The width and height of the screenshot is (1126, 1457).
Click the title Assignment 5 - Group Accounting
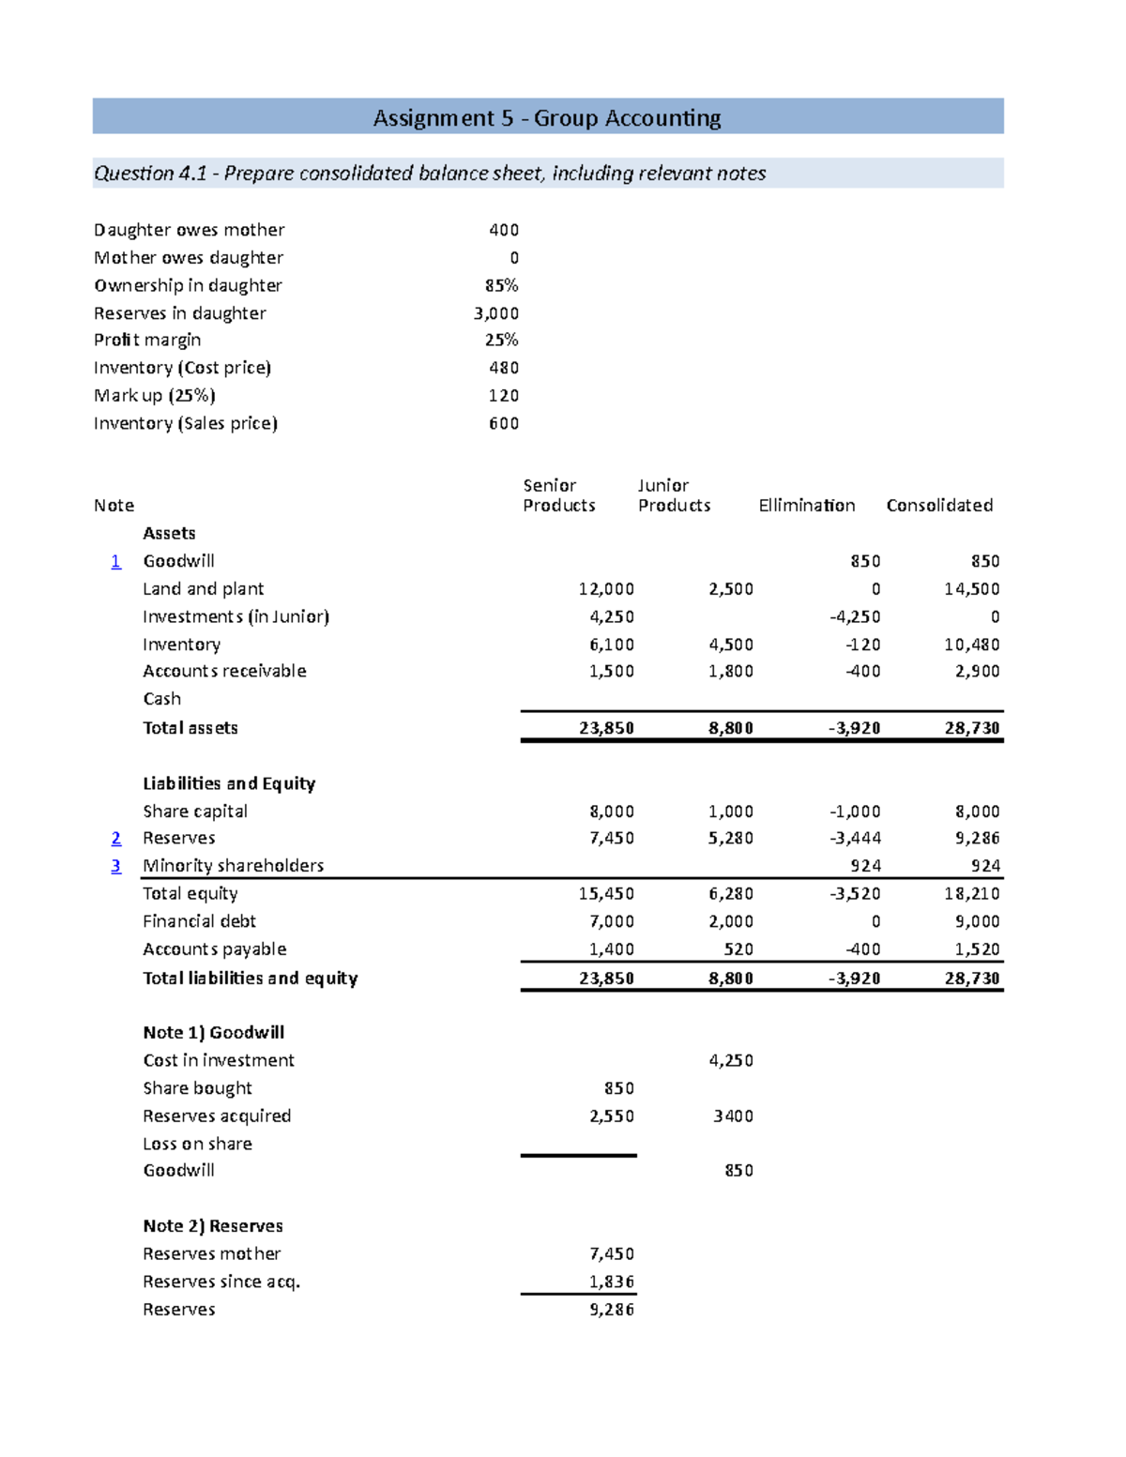coord(547,118)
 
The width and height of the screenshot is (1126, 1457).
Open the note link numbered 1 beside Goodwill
coord(115,561)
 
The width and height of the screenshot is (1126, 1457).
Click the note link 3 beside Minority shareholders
coord(115,866)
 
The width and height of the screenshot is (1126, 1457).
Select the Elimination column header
coord(806,506)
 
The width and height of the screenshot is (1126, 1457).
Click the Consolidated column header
coord(939,506)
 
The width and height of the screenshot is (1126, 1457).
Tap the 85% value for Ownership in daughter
coord(502,285)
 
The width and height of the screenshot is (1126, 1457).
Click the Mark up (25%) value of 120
coord(504,396)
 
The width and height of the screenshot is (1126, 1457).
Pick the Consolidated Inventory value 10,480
coord(972,645)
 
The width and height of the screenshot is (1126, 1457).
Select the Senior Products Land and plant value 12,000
coord(606,589)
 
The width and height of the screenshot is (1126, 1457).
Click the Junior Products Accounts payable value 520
coord(738,949)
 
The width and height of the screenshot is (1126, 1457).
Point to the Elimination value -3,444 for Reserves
coord(855,838)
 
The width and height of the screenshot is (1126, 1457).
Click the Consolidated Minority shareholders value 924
coord(985,866)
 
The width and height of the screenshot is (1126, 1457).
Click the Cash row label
coord(162,699)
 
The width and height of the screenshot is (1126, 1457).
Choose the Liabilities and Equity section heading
coord(229,783)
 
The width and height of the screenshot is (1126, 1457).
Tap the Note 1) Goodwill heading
coord(213,1033)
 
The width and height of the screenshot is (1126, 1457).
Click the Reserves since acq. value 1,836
coord(612,1282)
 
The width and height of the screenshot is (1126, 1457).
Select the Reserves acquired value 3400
coord(733,1116)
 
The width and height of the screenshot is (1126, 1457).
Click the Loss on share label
coord(197,1144)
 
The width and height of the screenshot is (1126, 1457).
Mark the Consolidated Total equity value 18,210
coord(972,894)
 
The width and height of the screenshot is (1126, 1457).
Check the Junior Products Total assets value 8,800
coord(731,728)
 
